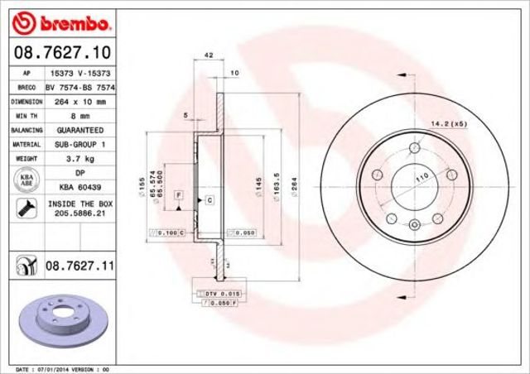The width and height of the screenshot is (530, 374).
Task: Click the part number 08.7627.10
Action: coord(62,53)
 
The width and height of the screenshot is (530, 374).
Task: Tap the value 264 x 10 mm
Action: coord(79,101)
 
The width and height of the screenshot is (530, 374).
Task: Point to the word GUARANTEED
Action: coord(79,130)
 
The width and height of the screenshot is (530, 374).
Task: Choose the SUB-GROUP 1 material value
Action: coord(79,144)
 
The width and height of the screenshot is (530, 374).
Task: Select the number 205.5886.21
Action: coord(80,214)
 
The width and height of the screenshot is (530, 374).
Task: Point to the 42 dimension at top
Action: coord(198,56)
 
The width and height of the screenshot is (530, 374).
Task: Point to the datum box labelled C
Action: coord(209,200)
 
